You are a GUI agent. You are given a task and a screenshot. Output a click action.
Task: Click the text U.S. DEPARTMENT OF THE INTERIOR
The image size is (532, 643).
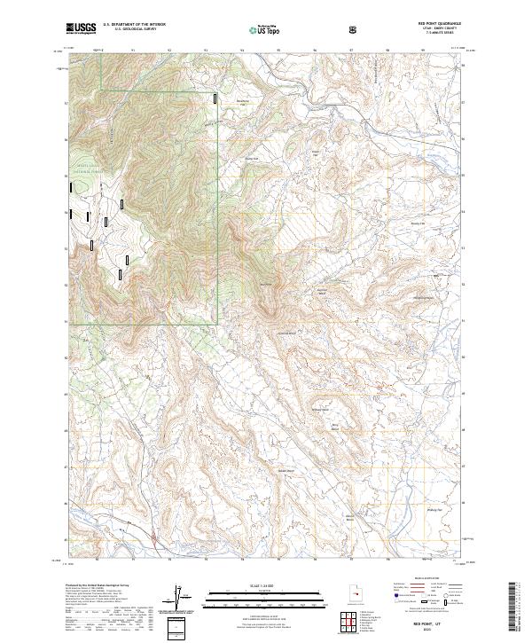134,25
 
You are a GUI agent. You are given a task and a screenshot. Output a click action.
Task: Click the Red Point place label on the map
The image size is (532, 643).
263,284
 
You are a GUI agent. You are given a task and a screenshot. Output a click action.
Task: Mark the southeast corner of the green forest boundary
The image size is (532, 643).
218,321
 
